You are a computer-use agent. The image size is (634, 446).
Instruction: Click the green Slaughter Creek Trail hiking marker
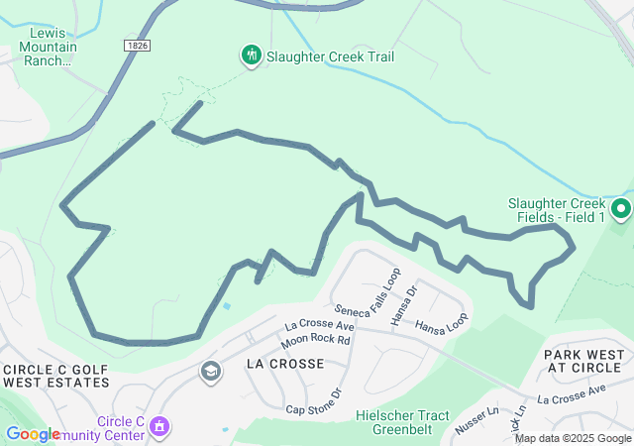coord(252,56)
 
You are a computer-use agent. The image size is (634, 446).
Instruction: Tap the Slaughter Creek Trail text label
coord(330,56)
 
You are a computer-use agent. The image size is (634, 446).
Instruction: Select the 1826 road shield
coord(138,47)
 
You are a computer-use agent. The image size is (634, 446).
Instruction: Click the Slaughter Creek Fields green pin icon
coord(621,209)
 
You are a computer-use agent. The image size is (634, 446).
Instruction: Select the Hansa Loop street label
coord(442,325)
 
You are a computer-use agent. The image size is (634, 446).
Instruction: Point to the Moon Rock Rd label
coord(315,341)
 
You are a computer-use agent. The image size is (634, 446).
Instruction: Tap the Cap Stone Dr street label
coord(313,402)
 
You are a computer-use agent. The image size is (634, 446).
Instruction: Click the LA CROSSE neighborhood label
coord(284,364)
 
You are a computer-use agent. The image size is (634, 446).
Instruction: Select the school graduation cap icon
coord(210,372)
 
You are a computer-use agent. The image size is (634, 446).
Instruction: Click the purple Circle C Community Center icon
coord(158,427)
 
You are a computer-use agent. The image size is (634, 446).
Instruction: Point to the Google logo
coord(33,434)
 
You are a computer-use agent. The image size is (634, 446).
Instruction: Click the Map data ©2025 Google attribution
coord(573,438)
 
